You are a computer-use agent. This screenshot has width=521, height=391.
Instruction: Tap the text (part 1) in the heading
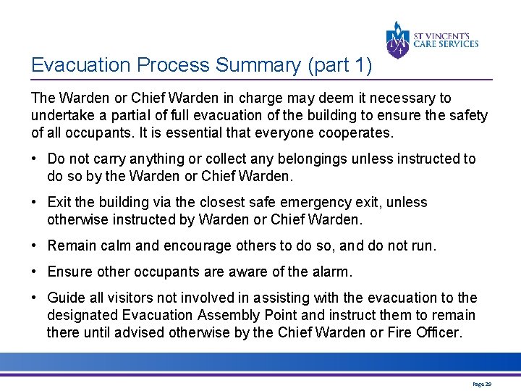click(340, 65)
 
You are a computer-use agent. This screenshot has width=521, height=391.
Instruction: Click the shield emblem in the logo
click(397, 39)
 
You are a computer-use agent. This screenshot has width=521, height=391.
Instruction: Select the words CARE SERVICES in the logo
click(446, 43)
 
